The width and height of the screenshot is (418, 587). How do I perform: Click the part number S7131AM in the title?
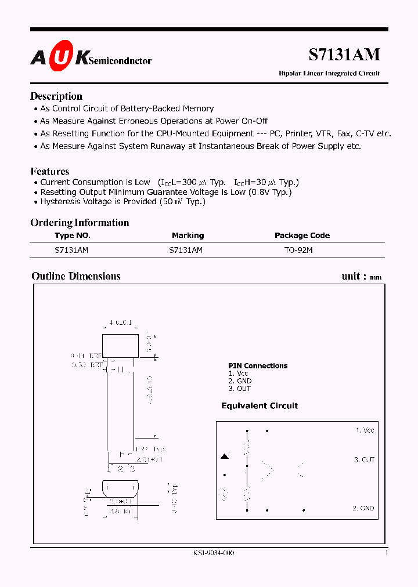344,54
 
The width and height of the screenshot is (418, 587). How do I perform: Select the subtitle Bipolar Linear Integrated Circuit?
329,74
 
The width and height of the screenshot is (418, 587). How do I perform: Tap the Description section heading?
56,96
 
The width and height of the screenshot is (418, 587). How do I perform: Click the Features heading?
50,171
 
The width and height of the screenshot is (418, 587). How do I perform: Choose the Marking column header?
188,235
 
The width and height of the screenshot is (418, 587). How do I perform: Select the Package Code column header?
302,235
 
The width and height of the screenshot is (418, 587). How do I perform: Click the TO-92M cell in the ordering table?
298,250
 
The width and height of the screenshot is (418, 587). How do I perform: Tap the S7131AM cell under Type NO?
71,250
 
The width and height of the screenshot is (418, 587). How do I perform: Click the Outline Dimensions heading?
76,276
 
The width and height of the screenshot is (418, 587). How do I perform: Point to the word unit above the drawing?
351,276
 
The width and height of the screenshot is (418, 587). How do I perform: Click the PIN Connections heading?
258,366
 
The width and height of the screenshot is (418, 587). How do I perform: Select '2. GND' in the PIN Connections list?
240,381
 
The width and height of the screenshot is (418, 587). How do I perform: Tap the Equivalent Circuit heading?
260,406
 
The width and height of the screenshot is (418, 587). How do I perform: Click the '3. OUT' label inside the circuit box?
364,459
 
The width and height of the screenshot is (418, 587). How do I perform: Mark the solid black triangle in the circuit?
225,457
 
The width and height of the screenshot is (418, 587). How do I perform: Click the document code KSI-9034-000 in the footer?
214,553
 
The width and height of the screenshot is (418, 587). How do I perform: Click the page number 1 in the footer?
387,553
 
